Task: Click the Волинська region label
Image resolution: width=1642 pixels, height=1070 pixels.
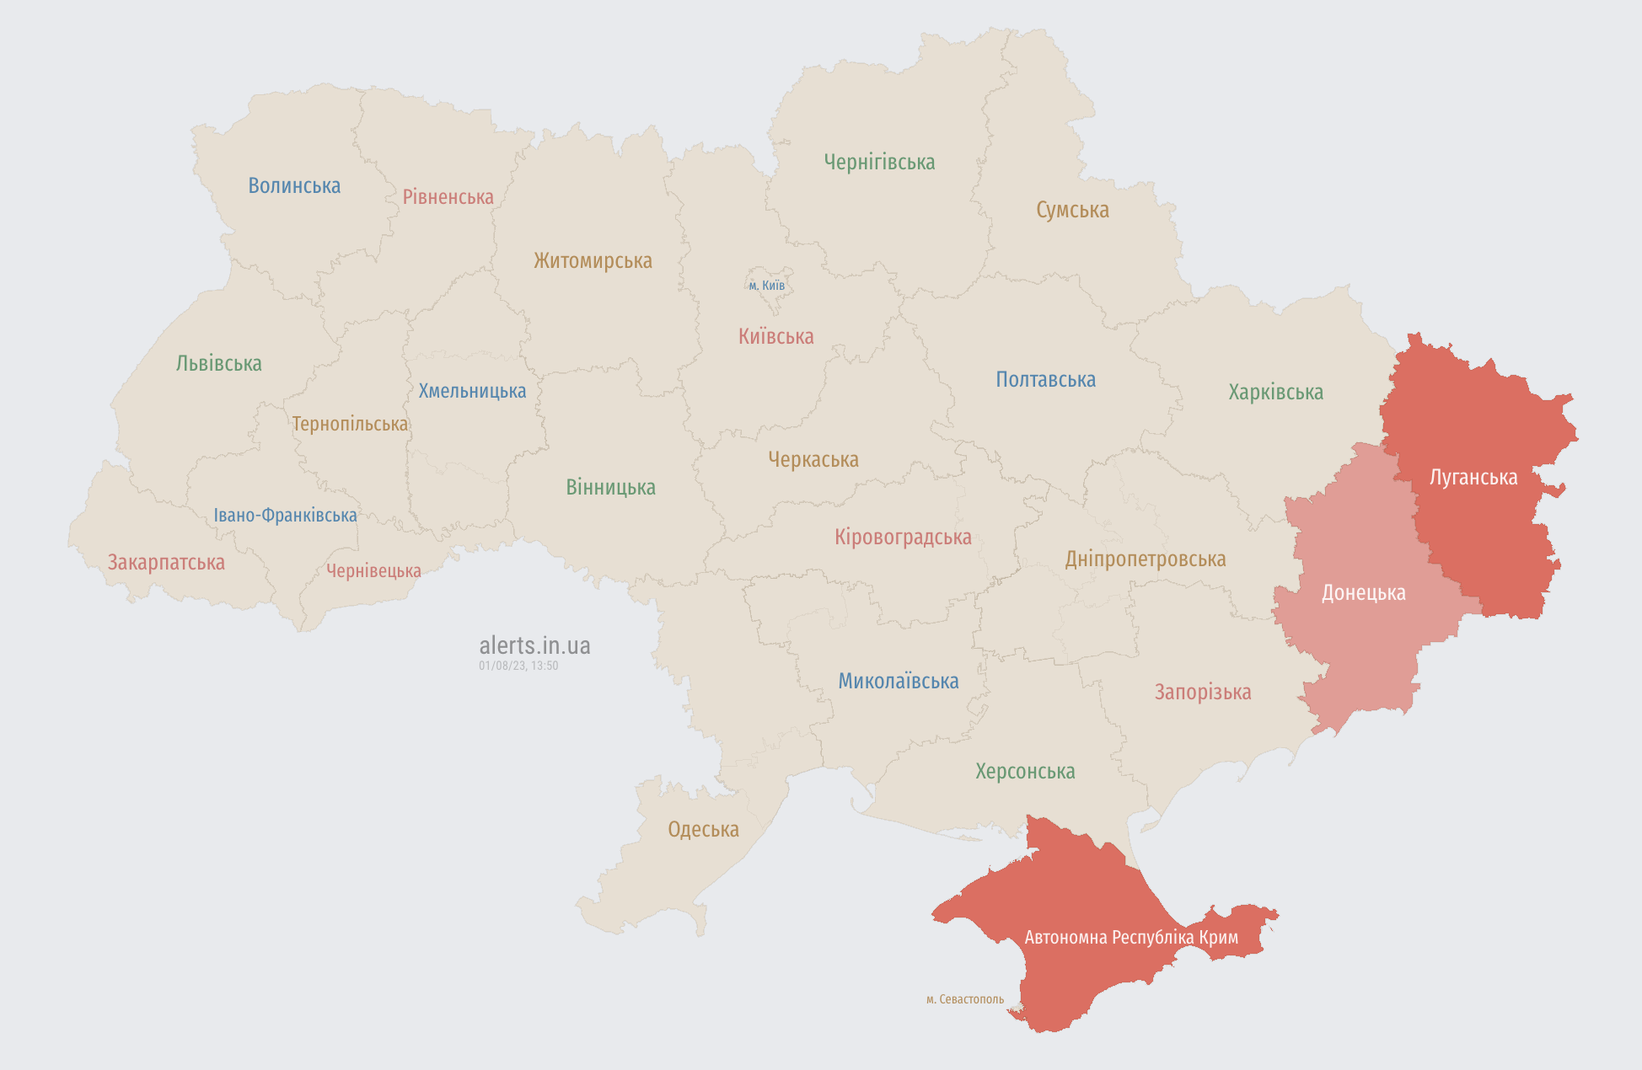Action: tap(294, 185)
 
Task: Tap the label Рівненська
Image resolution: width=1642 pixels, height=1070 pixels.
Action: tap(448, 197)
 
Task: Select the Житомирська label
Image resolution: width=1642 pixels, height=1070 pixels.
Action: tap(593, 260)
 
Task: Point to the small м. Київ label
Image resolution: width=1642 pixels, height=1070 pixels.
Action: tap(766, 286)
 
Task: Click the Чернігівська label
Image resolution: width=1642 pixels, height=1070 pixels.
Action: tap(879, 162)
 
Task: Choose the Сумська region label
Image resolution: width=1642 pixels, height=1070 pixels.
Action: tap(1072, 210)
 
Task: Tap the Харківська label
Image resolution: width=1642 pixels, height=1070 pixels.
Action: tap(1275, 392)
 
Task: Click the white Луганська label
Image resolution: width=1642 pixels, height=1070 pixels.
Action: tap(1473, 478)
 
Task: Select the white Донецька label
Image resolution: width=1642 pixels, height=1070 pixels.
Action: tap(1363, 593)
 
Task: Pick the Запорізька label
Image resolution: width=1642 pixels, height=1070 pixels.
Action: tap(1202, 692)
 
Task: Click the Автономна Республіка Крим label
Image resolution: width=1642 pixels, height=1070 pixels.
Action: tap(1130, 937)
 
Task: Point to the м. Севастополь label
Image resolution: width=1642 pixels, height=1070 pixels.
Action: tap(964, 999)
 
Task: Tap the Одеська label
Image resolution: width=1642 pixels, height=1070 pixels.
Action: tap(703, 829)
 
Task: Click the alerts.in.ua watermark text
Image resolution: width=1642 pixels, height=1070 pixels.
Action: tap(534, 645)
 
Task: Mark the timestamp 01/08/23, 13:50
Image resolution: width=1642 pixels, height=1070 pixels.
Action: tap(518, 666)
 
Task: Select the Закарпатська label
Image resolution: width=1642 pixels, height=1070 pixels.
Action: tap(166, 562)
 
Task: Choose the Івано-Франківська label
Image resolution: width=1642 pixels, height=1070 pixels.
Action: tap(285, 515)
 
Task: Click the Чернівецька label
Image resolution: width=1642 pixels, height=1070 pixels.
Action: tap(373, 571)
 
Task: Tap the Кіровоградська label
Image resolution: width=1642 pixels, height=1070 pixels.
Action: tap(903, 537)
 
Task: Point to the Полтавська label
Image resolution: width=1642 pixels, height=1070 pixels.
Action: tap(1045, 379)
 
